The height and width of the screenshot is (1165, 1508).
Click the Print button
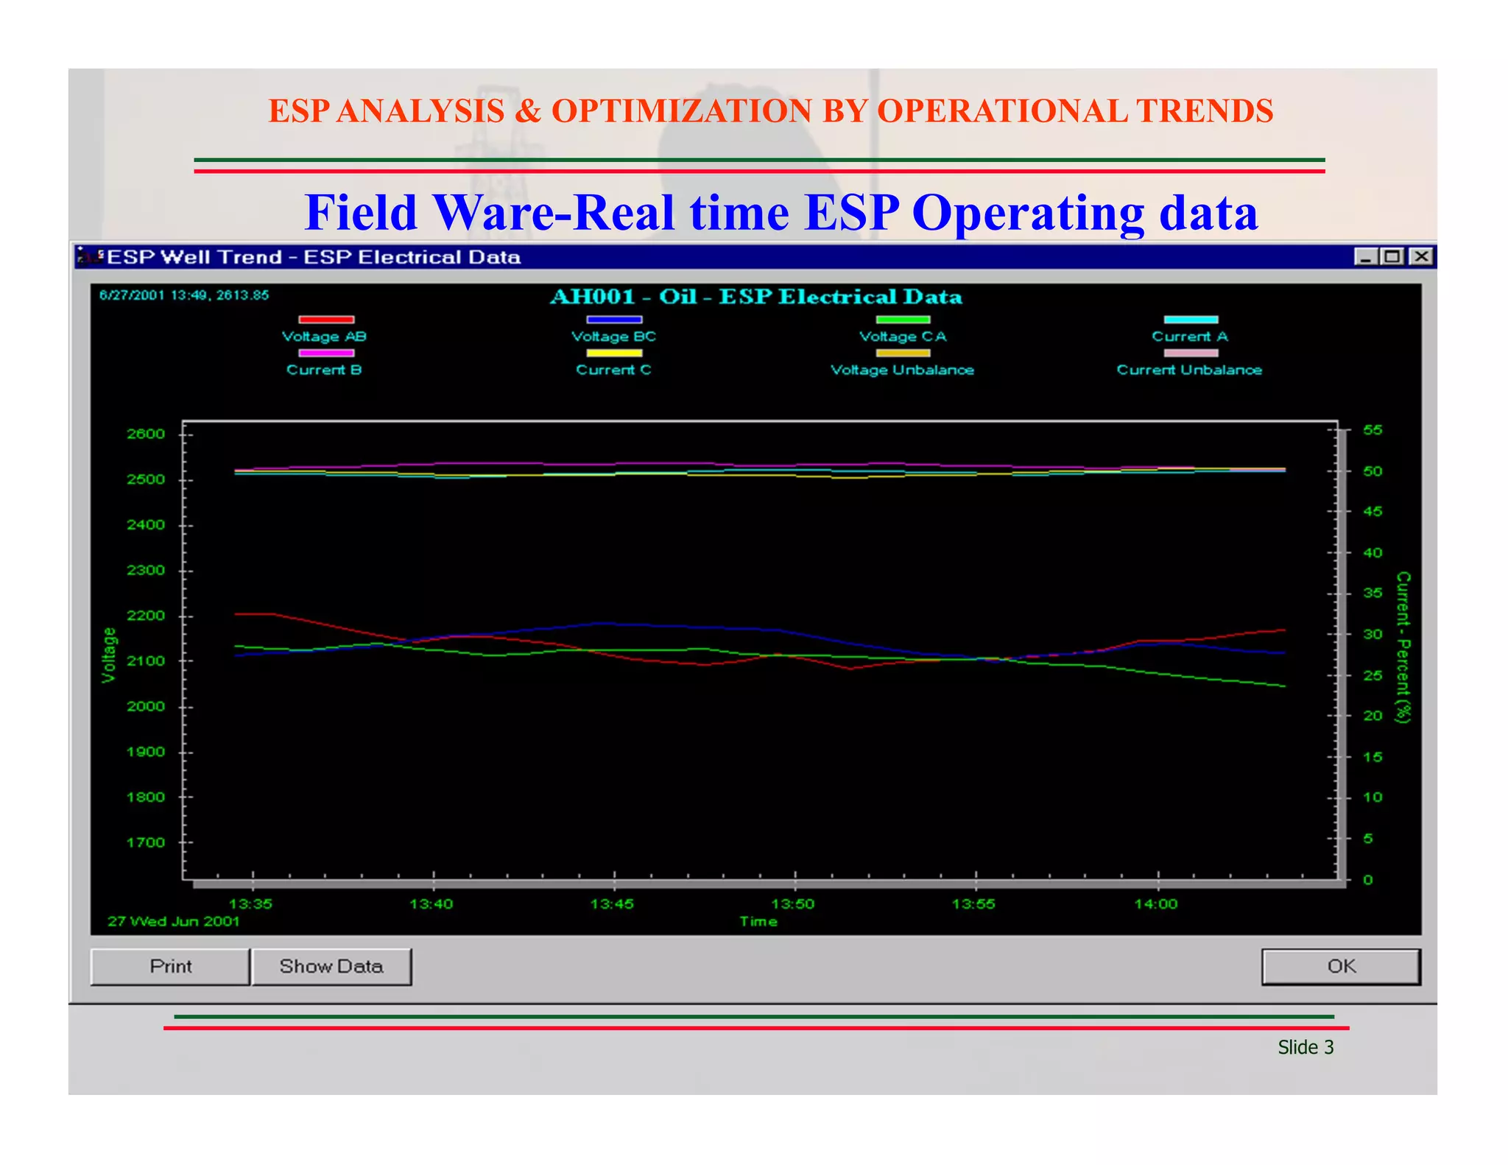[170, 966]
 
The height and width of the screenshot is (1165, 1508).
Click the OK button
[1340, 966]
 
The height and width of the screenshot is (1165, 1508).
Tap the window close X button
[1422, 256]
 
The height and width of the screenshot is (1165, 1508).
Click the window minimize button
[1366, 256]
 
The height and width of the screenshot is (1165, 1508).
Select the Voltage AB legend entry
[325, 336]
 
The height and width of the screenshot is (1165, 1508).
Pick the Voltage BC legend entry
[613, 336]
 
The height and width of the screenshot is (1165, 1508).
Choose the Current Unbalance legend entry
[1189, 370]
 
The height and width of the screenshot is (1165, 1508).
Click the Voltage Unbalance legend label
[902, 370]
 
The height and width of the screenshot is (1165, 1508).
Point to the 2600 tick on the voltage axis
[146, 434]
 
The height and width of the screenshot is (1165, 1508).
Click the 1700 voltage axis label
[146, 842]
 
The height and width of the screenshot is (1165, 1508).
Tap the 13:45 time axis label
[612, 904]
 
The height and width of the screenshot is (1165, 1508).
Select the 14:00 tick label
[1156, 904]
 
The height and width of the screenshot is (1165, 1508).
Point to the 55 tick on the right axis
[1373, 430]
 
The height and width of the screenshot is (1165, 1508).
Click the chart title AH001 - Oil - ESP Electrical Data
[756, 297]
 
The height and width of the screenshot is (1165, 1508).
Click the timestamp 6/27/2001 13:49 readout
[184, 295]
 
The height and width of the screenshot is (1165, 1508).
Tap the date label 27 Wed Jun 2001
[174, 921]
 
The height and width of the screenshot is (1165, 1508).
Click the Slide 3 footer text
[1306, 1047]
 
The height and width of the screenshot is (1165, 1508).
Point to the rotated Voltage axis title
[109, 655]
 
